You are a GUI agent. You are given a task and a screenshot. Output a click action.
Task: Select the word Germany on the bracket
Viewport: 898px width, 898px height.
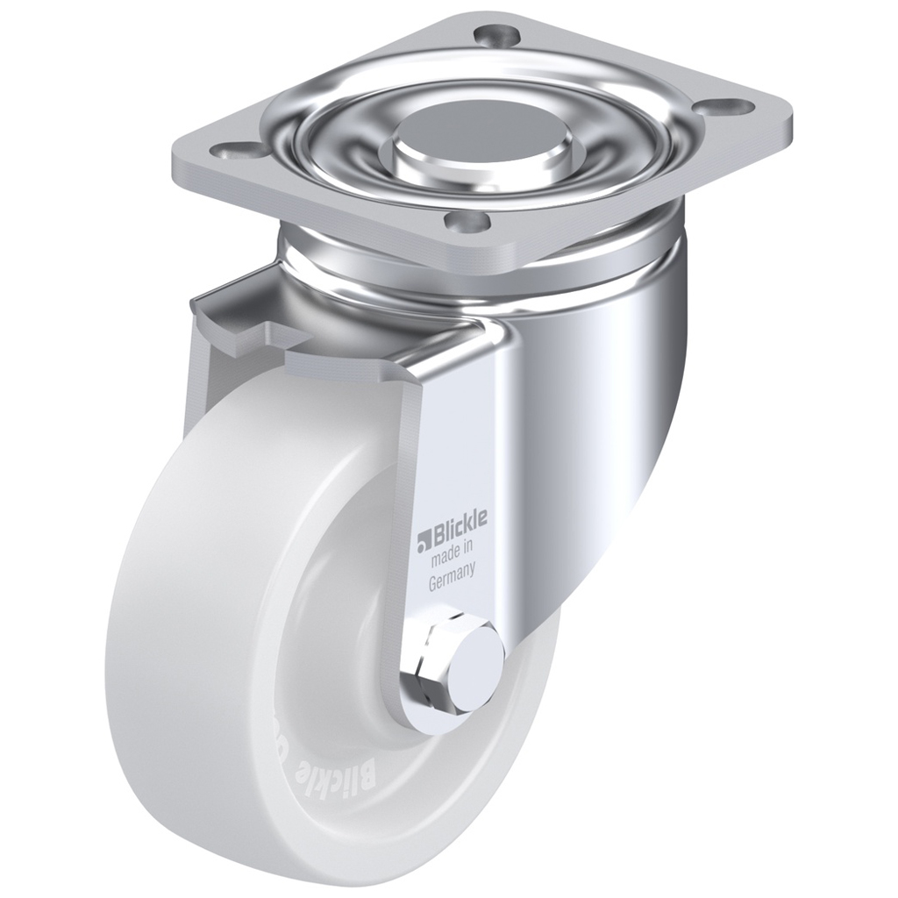tap(452, 581)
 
